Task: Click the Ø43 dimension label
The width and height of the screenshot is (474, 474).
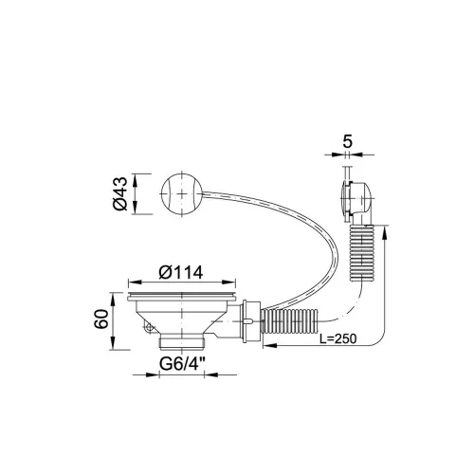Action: pyautogui.click(x=120, y=193)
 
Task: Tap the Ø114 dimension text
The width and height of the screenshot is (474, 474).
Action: pyautogui.click(x=181, y=272)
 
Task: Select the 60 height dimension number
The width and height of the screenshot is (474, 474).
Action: pyautogui.click(x=101, y=319)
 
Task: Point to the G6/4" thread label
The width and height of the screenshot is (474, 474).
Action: pyautogui.click(x=182, y=364)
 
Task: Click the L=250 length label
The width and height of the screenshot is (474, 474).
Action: pyautogui.click(x=337, y=339)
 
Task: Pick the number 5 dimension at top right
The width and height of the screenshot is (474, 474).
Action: pyautogui.click(x=347, y=141)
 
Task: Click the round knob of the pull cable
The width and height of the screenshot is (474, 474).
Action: pyautogui.click(x=181, y=194)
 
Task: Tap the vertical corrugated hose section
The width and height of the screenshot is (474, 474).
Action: pyautogui.click(x=361, y=253)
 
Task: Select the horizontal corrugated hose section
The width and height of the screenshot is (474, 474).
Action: pyautogui.click(x=290, y=321)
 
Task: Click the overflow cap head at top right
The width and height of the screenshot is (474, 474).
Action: pyautogui.click(x=356, y=198)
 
